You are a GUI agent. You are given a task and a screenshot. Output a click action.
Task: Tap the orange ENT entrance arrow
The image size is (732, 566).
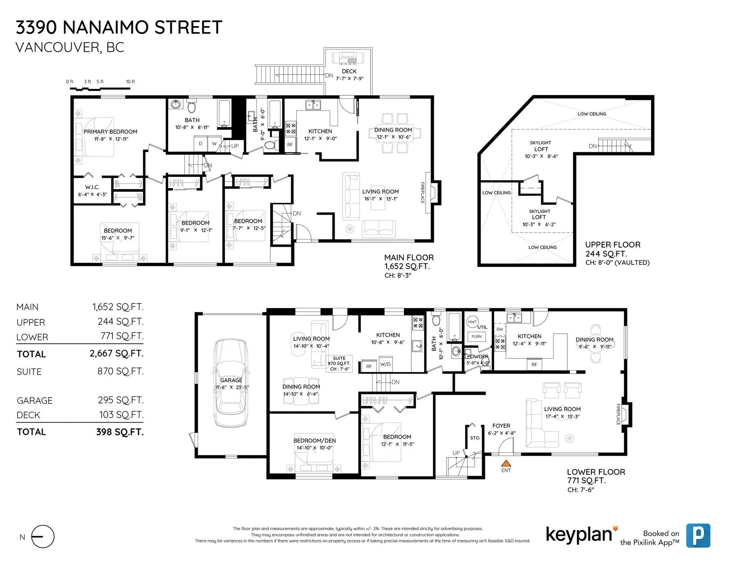(506, 464)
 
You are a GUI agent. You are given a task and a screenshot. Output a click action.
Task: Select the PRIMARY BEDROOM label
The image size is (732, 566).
(110, 132)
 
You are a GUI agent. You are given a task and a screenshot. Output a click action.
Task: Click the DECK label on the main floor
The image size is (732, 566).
(349, 71)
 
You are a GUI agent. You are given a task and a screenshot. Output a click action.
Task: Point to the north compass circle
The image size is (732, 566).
(43, 536)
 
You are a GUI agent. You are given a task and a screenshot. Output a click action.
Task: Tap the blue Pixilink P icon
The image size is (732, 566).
(698, 535)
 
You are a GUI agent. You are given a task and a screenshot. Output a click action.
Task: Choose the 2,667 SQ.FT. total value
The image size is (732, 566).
(116, 354)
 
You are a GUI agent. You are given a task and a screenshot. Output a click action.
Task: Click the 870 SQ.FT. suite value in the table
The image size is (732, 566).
(120, 371)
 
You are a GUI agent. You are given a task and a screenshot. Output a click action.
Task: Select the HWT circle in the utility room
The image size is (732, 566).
(472, 322)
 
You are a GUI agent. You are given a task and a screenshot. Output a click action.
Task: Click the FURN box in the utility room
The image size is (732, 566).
(476, 336)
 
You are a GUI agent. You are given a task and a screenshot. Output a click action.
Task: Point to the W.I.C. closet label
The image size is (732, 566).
(92, 187)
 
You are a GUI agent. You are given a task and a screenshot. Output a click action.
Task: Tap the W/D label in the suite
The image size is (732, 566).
(385, 364)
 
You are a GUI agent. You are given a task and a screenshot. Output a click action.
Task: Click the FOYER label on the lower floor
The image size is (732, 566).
(501, 426)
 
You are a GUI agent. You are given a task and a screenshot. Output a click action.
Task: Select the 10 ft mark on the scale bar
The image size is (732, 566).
(130, 82)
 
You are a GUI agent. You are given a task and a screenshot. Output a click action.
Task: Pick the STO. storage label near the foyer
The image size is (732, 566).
(475, 438)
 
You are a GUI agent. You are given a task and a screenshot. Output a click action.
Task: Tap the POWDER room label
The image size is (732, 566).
(478, 357)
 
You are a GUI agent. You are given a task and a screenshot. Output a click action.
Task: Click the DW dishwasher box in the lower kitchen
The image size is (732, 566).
(499, 329)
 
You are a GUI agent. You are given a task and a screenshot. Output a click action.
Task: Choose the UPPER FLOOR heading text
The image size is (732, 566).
(613, 245)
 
